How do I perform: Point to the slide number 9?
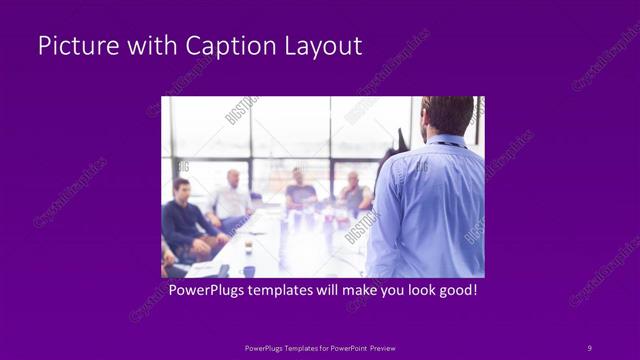[589, 347]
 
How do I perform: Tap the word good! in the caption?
[456, 290]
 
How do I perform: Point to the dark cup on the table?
[248, 271]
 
